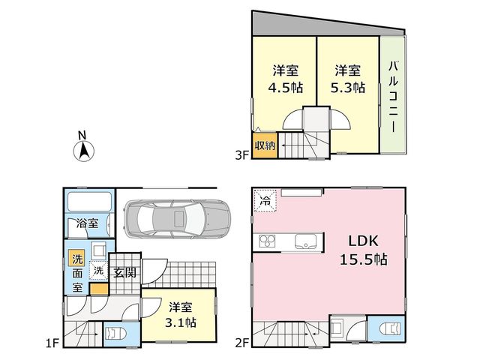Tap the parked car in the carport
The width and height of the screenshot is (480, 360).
(x=177, y=219)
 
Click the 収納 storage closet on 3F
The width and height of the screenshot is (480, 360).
(x=265, y=145)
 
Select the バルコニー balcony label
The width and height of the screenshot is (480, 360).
(x=393, y=97)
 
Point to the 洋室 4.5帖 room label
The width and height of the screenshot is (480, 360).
(x=285, y=79)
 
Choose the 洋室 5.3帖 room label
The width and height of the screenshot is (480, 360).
(x=347, y=79)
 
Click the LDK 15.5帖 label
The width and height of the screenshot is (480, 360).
(x=364, y=250)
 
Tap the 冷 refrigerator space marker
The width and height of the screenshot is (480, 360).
(x=265, y=200)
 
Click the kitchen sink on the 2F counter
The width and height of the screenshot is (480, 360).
(x=305, y=241)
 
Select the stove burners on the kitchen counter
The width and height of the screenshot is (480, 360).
(x=267, y=241)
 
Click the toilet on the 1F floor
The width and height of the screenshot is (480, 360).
(x=115, y=334)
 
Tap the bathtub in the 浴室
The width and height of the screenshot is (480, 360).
(x=89, y=202)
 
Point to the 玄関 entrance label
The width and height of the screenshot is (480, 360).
(x=124, y=272)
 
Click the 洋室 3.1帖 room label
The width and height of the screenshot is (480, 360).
(x=181, y=315)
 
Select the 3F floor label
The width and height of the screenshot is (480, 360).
(x=241, y=155)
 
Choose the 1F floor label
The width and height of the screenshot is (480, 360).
(x=52, y=343)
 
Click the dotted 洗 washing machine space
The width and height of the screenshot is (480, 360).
(x=98, y=271)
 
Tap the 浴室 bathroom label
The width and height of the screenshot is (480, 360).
(x=88, y=223)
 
